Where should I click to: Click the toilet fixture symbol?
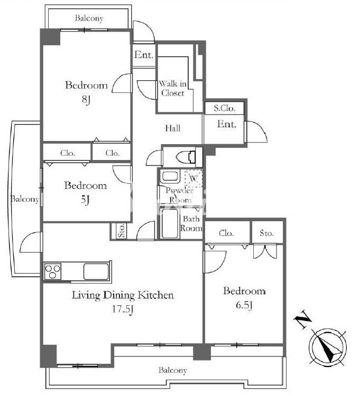(186, 157)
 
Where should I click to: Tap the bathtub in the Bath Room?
(169, 223)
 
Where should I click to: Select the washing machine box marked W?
(193, 178)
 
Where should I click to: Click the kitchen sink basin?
(96, 271)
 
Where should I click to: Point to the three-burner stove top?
(53, 271)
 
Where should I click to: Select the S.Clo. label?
(224, 108)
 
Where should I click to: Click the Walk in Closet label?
(173, 88)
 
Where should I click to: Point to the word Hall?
(173, 128)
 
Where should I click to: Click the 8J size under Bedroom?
(86, 99)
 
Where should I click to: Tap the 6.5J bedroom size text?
(244, 305)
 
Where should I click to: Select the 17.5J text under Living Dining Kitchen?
(123, 309)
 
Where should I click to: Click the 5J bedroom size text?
(85, 200)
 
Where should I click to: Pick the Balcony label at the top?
(89, 18)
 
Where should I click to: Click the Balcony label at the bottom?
(173, 371)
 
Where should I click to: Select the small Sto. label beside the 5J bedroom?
(122, 230)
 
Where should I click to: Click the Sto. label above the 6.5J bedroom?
(266, 233)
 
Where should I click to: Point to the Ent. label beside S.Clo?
(226, 124)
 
